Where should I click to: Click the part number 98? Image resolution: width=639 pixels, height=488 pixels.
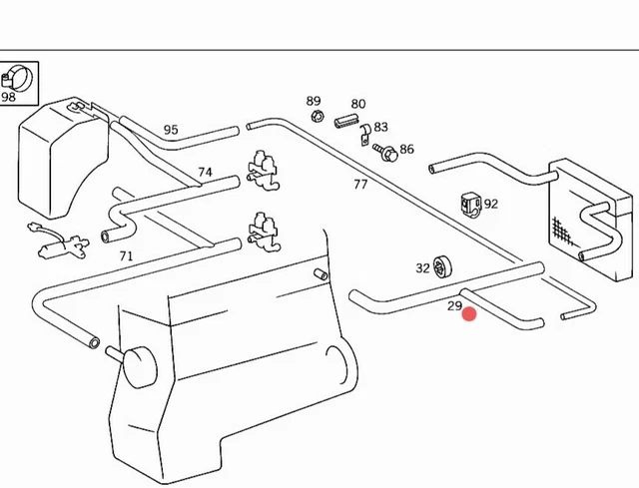tap(9, 98)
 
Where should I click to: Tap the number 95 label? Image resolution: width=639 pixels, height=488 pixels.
tap(171, 130)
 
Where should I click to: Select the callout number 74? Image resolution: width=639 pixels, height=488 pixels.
tap(205, 172)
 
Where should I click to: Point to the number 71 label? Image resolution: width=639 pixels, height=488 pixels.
tap(126, 256)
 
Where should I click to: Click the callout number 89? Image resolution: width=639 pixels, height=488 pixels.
tap(314, 102)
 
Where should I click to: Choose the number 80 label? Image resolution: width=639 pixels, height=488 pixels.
tap(358, 104)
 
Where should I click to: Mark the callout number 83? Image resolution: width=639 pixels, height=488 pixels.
tap(380, 128)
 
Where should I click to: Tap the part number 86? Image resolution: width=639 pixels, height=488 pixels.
tap(406, 150)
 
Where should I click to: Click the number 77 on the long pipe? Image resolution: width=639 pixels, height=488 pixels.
tap(360, 184)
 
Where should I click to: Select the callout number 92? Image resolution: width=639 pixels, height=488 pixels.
tap(490, 204)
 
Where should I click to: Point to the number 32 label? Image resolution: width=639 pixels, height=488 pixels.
tap(422, 267)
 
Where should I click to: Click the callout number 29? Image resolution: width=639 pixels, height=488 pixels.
tap(454, 305)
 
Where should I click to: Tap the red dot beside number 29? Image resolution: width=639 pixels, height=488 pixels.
tap(469, 315)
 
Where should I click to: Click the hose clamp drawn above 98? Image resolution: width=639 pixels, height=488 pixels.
tap(17, 76)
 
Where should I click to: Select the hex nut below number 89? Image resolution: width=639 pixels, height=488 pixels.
tap(317, 117)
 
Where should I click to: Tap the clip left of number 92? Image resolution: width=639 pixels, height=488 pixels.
tap(468, 204)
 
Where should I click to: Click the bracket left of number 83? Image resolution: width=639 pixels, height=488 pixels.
tap(365, 129)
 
